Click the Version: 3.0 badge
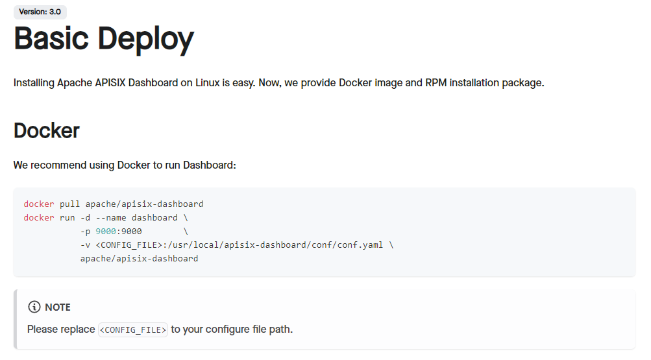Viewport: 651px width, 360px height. point(40,12)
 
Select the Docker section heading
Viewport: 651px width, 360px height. point(46,130)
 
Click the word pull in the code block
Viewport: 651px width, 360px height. point(69,204)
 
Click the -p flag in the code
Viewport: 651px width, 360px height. point(85,231)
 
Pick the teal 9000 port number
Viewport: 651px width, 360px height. point(106,231)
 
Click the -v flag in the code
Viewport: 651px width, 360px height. point(85,245)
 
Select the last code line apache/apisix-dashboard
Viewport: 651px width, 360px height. point(139,258)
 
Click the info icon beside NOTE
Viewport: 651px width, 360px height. point(34,307)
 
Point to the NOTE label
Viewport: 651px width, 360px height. point(58,307)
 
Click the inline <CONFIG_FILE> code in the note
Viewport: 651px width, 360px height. point(133,330)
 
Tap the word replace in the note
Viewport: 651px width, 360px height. point(79,330)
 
